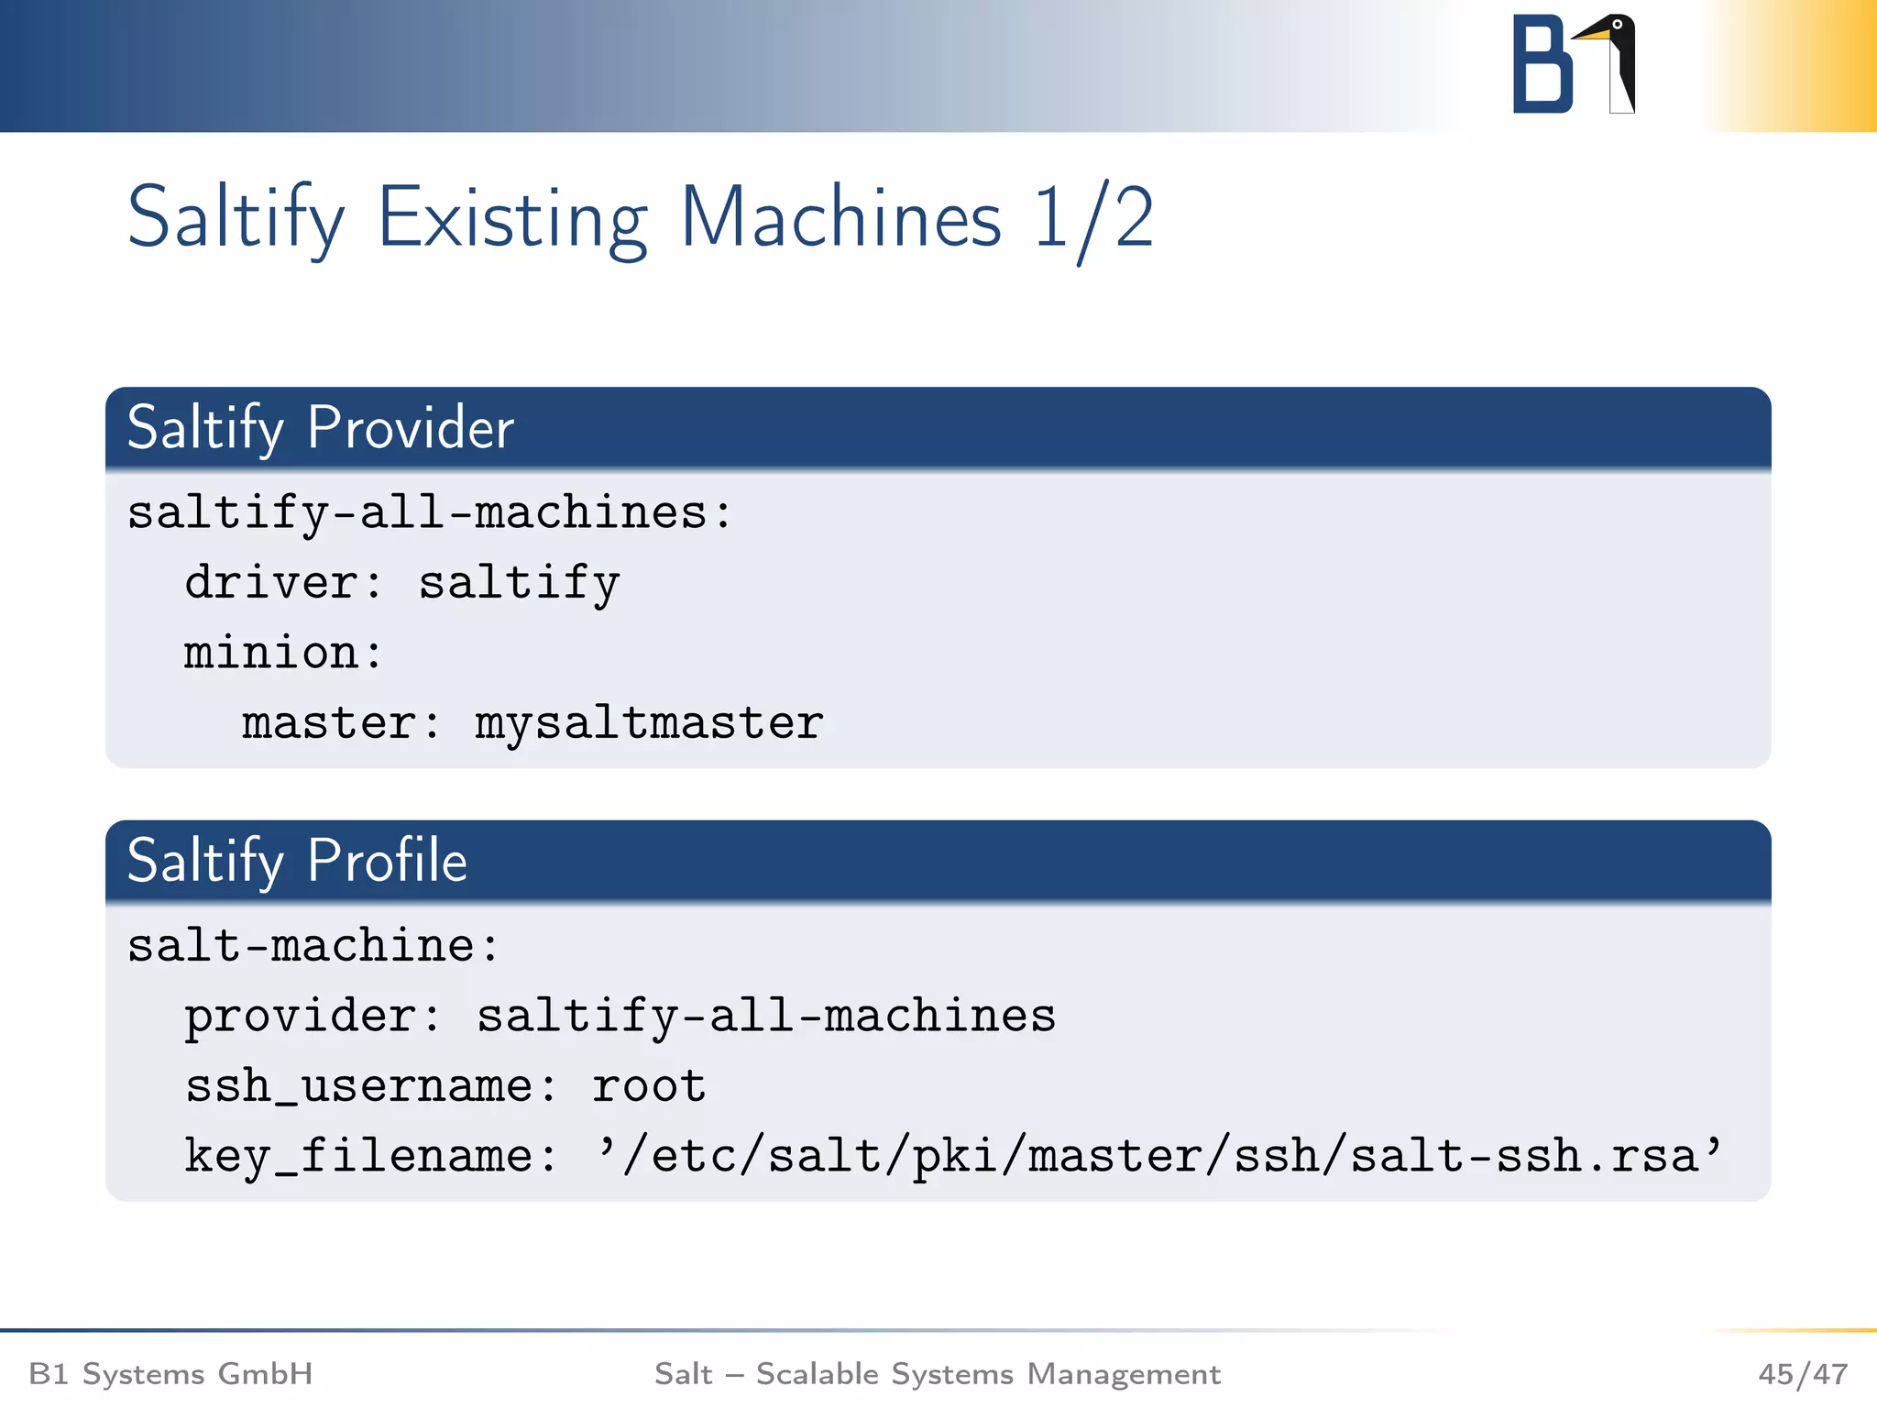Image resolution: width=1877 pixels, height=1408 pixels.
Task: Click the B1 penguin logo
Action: [1573, 64]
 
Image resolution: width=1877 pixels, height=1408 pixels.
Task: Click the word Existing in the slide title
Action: [513, 218]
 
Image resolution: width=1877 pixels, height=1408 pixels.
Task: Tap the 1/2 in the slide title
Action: [1092, 218]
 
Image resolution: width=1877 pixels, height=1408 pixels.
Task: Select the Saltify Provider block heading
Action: [320, 428]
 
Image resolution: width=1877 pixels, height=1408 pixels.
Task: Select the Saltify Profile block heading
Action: [297, 861]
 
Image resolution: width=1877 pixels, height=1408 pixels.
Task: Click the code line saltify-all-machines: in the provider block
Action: [430, 512]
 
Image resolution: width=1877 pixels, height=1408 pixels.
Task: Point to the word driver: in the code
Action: [283, 583]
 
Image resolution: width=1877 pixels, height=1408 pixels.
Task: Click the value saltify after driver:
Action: [519, 583]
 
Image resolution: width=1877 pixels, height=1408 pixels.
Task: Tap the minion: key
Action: [283, 653]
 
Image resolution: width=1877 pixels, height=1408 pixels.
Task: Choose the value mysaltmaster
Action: [649, 723]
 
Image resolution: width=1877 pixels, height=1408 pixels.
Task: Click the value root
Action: [649, 1086]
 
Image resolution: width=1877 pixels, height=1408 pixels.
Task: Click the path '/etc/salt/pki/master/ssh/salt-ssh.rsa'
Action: [1158, 1156]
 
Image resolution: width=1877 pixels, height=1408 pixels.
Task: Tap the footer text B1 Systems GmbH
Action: [170, 1374]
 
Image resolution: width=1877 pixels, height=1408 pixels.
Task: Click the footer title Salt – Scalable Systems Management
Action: [937, 1374]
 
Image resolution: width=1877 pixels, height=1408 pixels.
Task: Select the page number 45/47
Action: [1802, 1374]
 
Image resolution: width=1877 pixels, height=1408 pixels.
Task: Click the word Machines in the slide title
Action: [840, 218]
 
